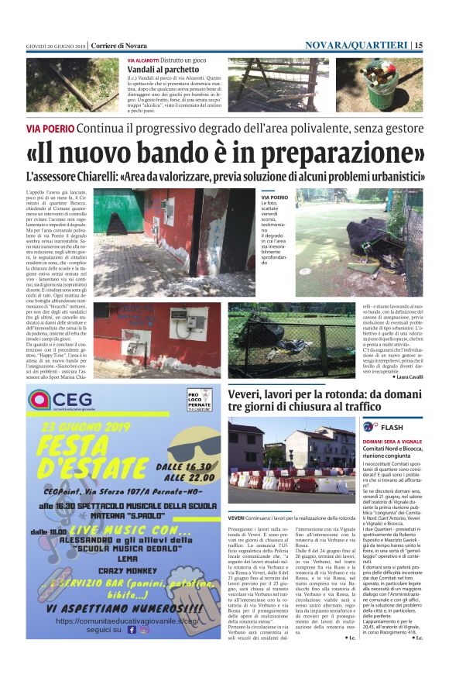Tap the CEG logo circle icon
click(39, 400)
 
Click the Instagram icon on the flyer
click(143, 652)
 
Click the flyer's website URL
click(127, 642)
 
